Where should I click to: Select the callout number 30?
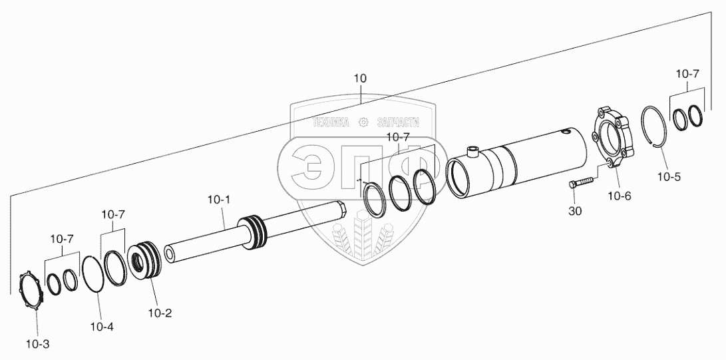point(576,211)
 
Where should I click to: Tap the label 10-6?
point(619,196)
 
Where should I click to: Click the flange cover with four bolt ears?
point(612,138)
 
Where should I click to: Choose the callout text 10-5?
point(669,177)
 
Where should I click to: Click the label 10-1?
point(218,200)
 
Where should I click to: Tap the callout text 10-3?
point(37,345)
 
